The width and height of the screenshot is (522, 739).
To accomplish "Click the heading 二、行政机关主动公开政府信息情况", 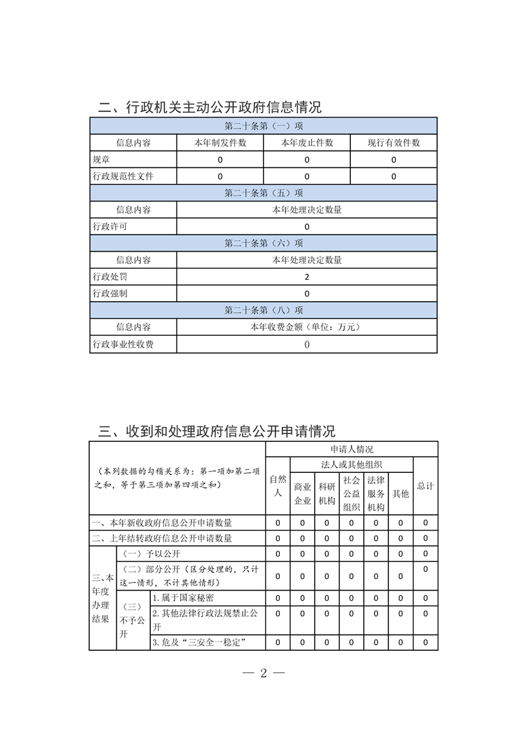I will tap(209, 107).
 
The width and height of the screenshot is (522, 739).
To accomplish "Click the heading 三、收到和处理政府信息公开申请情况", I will tap(217, 431).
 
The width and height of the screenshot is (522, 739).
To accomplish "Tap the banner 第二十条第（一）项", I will tap(263, 126).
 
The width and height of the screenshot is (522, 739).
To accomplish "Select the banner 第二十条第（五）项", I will tap(263, 193).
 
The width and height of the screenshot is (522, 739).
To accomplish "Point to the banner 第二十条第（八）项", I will tap(263, 310).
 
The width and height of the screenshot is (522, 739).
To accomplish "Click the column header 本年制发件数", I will tap(220, 143).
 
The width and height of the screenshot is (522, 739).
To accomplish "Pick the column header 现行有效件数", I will tap(394, 143).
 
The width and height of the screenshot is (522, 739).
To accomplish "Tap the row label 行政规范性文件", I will tap(123, 177).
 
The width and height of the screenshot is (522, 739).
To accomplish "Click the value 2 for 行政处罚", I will tap(307, 277).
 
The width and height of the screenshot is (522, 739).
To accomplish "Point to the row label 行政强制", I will tap(110, 294).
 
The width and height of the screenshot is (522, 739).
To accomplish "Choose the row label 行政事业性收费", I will tap(123, 344).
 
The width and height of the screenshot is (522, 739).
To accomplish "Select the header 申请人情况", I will tap(352, 449).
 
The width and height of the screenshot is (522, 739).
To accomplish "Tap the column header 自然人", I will tap(278, 486).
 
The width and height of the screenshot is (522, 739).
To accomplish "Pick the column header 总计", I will tap(425, 486).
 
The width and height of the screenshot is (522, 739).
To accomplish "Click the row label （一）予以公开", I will tap(152, 554).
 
